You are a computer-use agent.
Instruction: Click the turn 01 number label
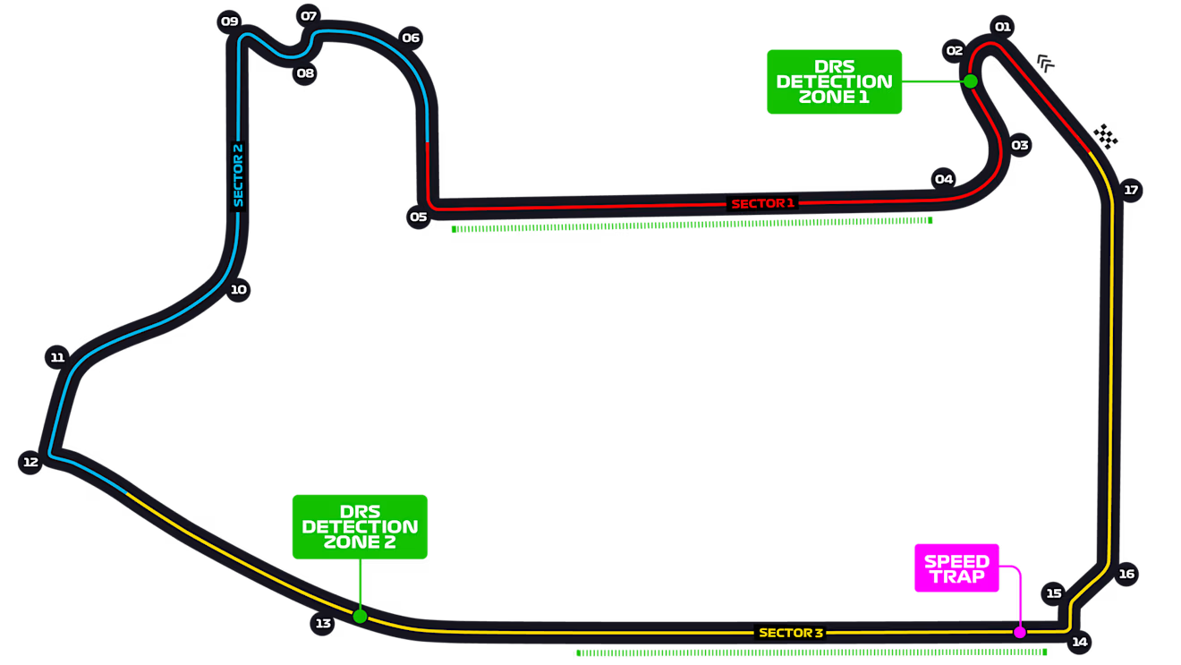pos(1003,27)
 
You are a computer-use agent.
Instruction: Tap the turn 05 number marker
pos(418,217)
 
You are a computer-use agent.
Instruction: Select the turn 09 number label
pos(230,21)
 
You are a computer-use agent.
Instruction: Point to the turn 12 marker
pos(30,462)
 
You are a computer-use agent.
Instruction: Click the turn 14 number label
pos(1080,642)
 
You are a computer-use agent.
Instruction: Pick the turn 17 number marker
pos(1131,190)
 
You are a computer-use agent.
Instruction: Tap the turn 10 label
pos(238,289)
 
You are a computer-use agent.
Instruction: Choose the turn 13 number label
pos(323,624)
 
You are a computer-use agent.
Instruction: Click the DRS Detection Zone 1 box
pos(834,81)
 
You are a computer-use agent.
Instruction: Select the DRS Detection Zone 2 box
pos(360,526)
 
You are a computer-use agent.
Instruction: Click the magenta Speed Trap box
pos(956,568)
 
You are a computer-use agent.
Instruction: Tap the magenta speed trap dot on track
pos(1019,632)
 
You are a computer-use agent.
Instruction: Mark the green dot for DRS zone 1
pos(970,81)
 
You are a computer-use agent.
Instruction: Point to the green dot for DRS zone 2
pos(360,616)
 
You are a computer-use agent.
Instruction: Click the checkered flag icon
pos(1107,137)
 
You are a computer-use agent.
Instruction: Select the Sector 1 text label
pos(762,204)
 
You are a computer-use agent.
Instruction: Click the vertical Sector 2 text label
pos(238,175)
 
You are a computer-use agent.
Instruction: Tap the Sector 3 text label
pos(791,633)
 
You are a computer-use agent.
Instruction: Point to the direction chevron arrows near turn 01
pos(1046,63)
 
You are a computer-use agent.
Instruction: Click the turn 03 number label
pos(1020,145)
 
